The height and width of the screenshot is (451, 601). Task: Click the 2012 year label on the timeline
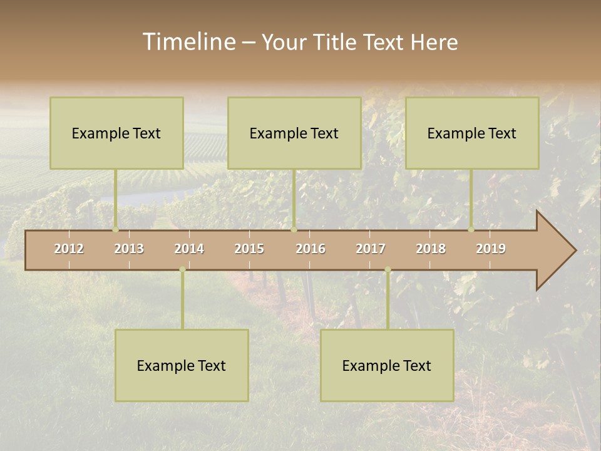69,249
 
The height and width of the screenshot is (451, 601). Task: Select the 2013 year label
129,249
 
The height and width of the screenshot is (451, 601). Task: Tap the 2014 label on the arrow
189,249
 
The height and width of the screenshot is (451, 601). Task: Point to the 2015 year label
249,249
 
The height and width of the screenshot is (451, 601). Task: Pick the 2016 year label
311,249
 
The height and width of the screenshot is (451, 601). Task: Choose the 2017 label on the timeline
371,249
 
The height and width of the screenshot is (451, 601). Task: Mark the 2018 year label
431,249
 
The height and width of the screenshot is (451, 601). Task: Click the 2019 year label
491,249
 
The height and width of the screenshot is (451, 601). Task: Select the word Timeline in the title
188,42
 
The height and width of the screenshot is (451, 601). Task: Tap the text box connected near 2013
116,133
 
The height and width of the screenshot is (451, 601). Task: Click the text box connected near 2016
294,133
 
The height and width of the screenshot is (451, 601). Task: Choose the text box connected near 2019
472,133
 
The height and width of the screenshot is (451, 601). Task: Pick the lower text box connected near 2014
182,365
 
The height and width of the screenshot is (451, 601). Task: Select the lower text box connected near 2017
387,365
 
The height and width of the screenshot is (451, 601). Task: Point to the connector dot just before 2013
116,230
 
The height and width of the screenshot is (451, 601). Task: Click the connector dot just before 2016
294,230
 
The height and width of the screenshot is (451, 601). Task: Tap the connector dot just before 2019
471,230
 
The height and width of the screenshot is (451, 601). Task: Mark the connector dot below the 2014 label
182,269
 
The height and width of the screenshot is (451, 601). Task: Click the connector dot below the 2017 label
388,269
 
